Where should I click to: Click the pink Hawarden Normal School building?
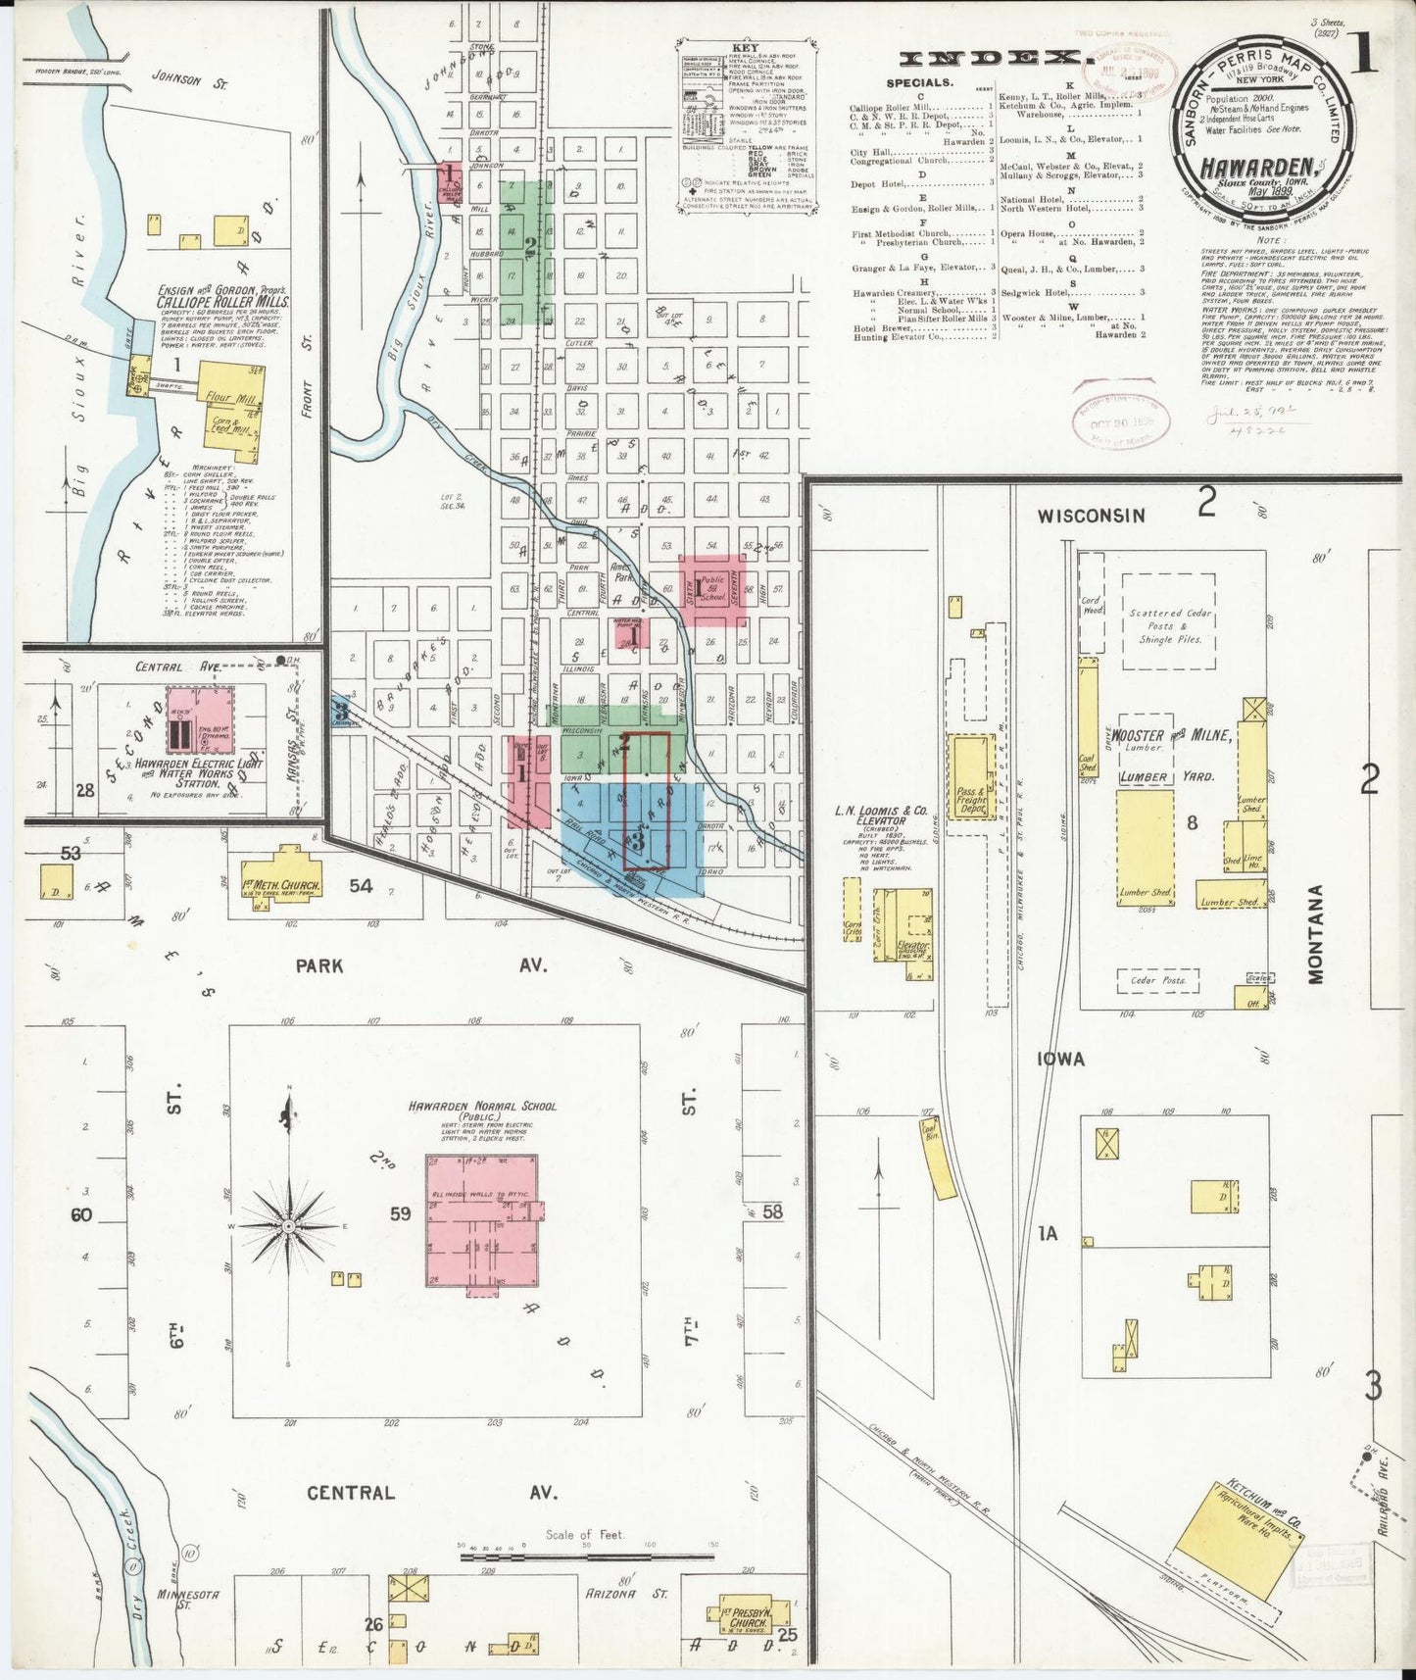tap(480, 1220)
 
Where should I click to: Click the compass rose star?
tap(289, 1226)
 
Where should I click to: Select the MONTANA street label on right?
tap(1315, 934)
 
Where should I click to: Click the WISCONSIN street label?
tap(1091, 515)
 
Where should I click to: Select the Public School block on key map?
tap(712, 591)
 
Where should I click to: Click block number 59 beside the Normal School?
tap(400, 1213)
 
